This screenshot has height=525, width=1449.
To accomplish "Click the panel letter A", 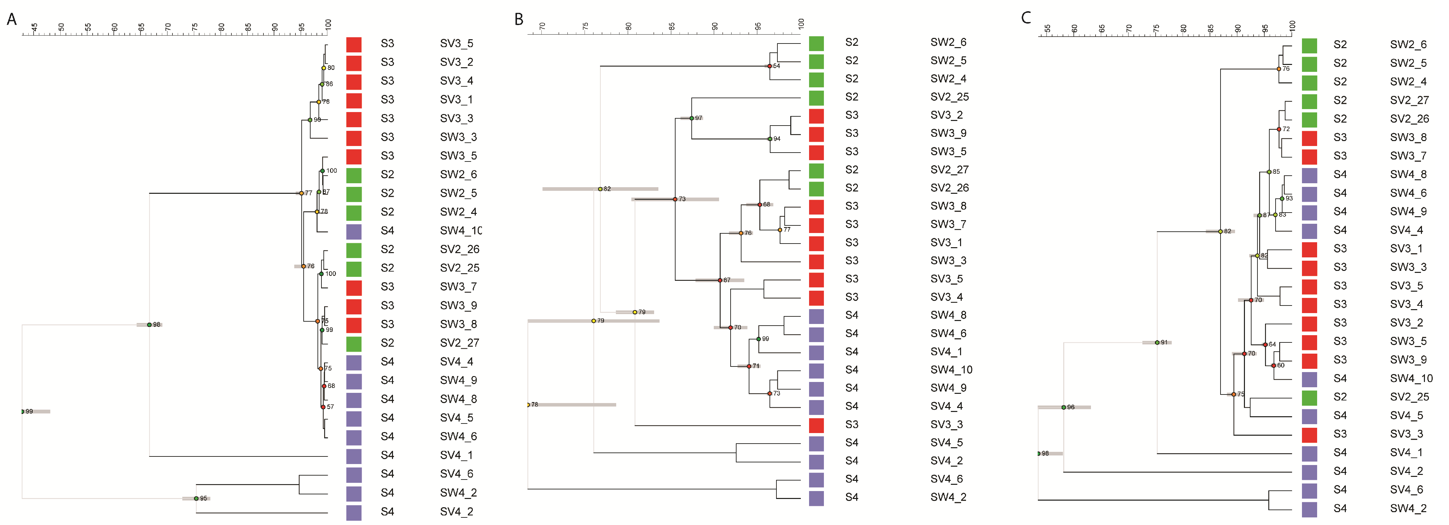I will pyautogui.click(x=11, y=20).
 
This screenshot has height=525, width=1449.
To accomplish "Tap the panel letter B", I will pyautogui.click(x=519, y=20).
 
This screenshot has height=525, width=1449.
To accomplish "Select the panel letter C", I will pyautogui.click(x=1026, y=18).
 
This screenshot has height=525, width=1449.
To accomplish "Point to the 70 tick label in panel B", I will pyautogui.click(x=542, y=26).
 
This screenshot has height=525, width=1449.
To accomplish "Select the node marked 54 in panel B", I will pyautogui.click(x=770, y=66).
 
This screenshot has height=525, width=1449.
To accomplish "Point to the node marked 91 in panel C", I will pyautogui.click(x=1157, y=342).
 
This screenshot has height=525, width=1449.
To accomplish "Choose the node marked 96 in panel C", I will pyautogui.click(x=1064, y=407).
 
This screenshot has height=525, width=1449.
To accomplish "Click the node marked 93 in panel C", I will pyautogui.click(x=1282, y=198).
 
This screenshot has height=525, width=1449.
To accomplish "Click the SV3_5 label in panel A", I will pyautogui.click(x=456, y=43).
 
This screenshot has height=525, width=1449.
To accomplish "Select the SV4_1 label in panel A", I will pyautogui.click(x=456, y=455).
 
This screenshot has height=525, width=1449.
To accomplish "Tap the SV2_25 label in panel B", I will pyautogui.click(x=950, y=97).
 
